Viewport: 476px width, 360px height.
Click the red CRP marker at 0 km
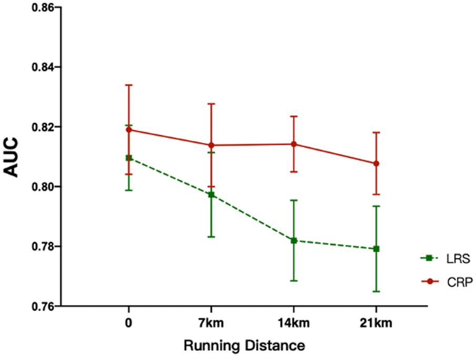[x=129, y=129]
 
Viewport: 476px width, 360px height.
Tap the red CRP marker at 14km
[x=294, y=144]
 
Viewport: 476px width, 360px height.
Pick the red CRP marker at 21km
[x=377, y=164]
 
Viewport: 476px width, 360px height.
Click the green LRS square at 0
[x=129, y=158]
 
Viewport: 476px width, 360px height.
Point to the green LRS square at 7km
[x=211, y=195]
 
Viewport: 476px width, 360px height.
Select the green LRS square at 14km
[x=294, y=241]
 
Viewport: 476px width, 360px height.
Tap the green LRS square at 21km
[x=377, y=249]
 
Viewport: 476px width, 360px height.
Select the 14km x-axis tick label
[x=294, y=324]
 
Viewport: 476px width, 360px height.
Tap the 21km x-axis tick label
[x=377, y=324]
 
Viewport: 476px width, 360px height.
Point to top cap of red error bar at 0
[x=129, y=85]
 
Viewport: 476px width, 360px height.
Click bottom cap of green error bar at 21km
[x=377, y=291]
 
